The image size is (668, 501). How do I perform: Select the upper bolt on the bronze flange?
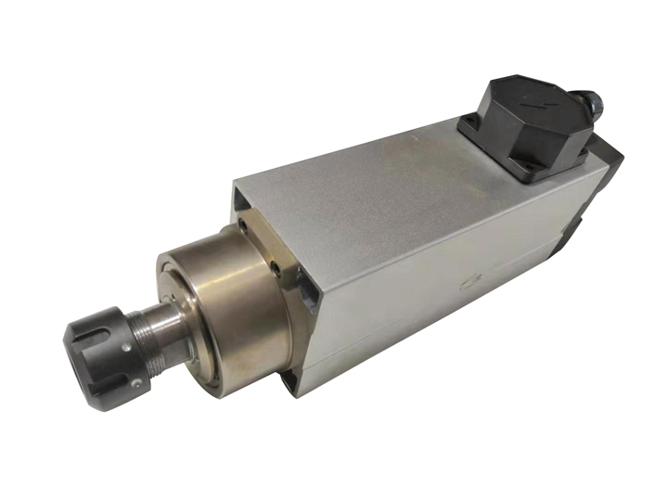pos(242,225)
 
